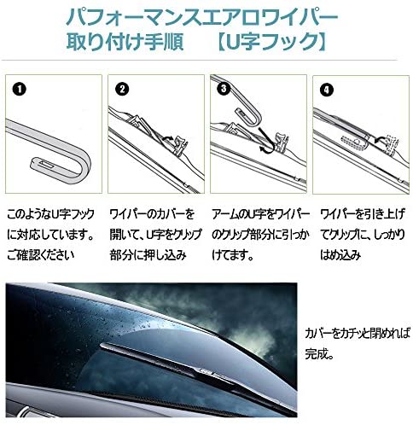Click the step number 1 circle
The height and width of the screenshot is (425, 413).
19,87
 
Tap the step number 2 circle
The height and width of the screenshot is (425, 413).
122,87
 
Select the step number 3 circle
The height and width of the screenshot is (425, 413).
224,87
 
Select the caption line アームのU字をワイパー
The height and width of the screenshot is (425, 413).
255,212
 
